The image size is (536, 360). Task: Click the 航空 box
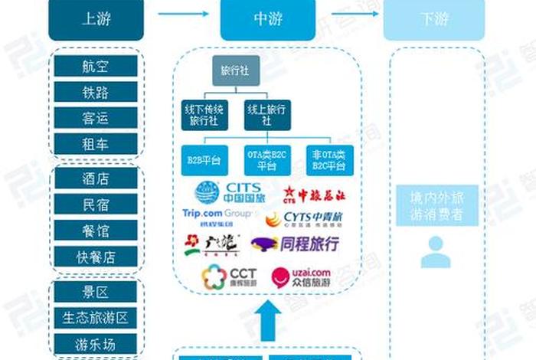[96, 66]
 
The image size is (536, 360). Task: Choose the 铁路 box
[96, 92]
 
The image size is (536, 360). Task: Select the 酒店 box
[96, 179]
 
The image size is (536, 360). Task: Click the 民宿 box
[96, 205]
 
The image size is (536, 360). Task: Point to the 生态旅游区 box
[96, 318]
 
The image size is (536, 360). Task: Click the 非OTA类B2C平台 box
[329, 160]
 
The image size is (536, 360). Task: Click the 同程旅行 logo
[295, 244]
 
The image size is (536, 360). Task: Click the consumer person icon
[435, 250]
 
